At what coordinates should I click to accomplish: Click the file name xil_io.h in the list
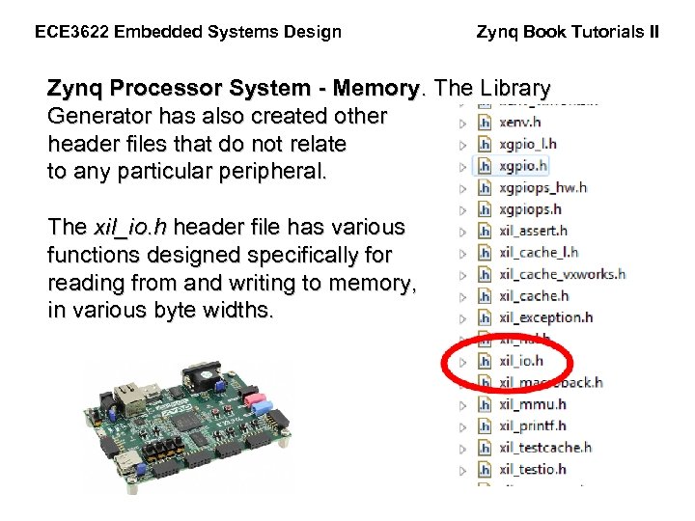tap(521, 361)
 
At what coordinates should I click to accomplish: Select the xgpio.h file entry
tap(522, 166)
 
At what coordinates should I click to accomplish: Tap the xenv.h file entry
tap(520, 123)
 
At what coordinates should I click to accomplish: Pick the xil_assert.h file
tap(533, 231)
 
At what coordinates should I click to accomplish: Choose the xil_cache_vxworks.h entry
tap(562, 274)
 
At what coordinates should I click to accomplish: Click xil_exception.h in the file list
tap(545, 317)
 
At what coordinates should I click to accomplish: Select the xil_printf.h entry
tap(533, 425)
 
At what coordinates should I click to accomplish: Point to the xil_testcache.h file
tap(545, 448)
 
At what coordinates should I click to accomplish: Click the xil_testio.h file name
tap(533, 469)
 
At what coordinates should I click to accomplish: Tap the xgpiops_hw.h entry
tap(542, 187)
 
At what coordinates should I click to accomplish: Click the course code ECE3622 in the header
tap(72, 32)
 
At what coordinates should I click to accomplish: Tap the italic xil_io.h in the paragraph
tap(129, 228)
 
